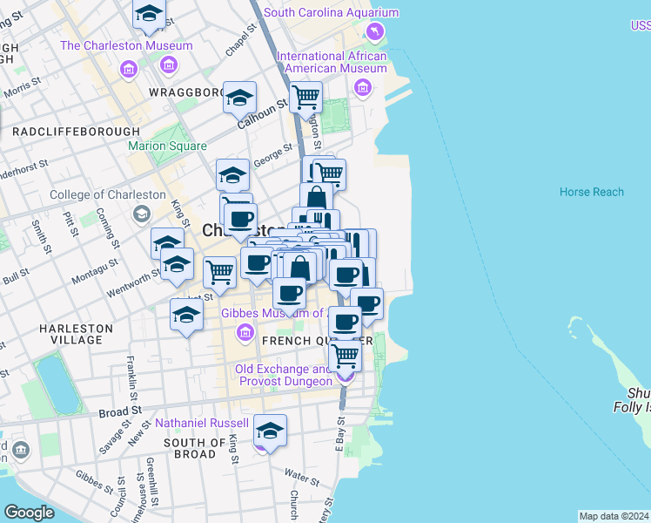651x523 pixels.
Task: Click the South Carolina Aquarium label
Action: click(331, 13)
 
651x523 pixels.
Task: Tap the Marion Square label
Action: click(168, 146)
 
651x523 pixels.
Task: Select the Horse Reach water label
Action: click(592, 192)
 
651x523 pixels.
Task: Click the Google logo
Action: click(29, 512)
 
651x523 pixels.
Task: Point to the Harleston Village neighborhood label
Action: click(76, 334)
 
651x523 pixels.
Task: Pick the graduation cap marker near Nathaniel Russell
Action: click(270, 431)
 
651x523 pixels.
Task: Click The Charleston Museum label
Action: click(126, 46)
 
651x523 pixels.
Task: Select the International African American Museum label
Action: click(332, 63)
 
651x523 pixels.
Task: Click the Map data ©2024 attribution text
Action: click(613, 516)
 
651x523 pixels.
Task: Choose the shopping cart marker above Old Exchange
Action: click(346, 354)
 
